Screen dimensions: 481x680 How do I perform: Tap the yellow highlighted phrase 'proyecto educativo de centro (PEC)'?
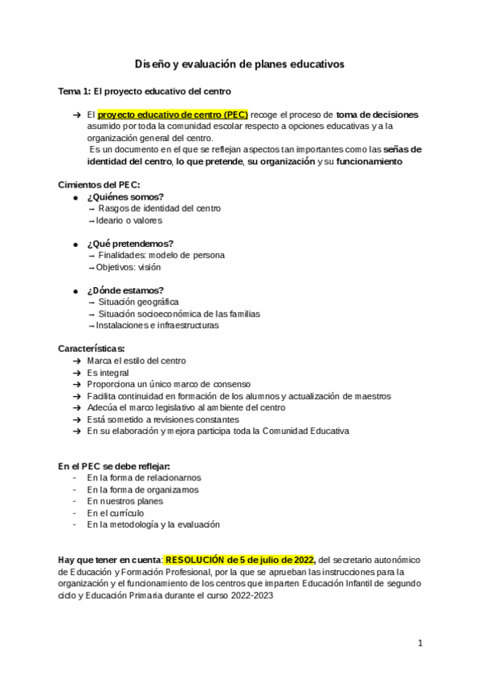173,115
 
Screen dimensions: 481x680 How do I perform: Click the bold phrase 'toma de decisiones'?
377,115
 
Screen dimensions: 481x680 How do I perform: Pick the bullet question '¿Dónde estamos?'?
126,290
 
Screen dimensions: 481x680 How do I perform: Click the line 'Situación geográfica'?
133,302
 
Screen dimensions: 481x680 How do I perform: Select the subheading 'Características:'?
92,349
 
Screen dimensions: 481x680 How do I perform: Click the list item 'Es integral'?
108,373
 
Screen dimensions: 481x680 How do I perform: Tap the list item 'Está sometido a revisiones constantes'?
163,419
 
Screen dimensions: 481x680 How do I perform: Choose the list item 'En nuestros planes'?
124,501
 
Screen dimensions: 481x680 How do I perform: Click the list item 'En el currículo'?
119,512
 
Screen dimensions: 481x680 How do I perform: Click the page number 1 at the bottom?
420,642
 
